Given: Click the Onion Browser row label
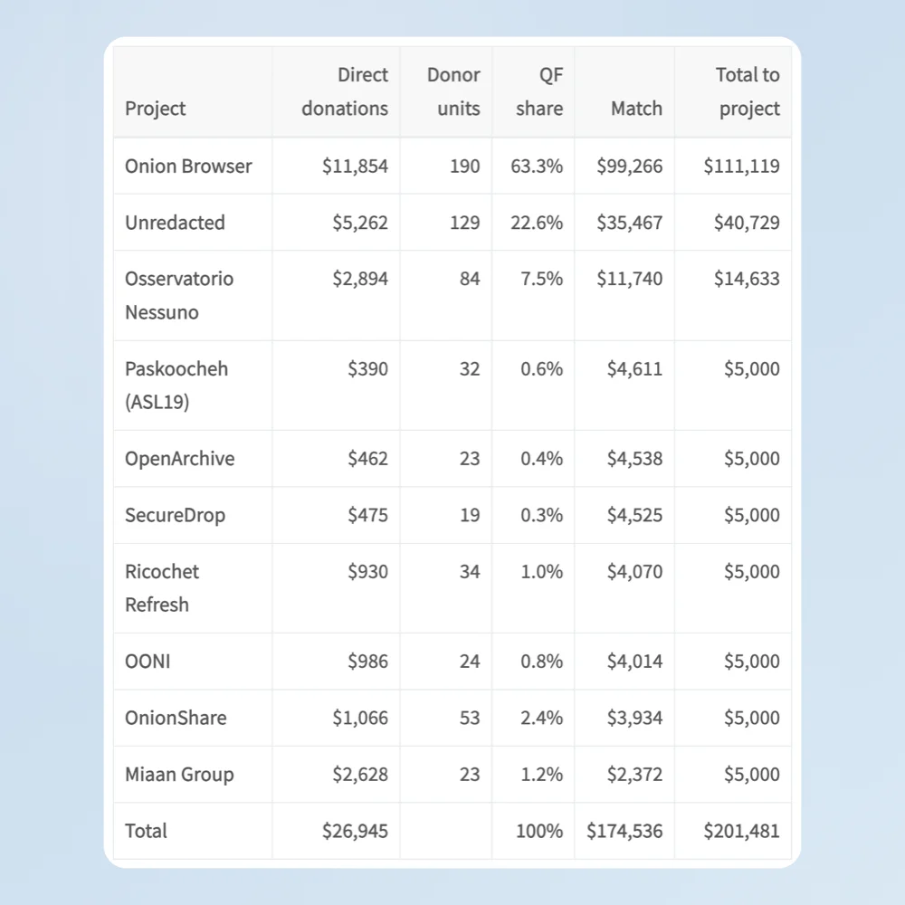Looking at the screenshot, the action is [x=188, y=167].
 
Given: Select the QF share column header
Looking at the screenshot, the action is [x=539, y=91].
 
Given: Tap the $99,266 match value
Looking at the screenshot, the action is [x=629, y=167].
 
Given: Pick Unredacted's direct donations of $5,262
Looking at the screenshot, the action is [x=359, y=223].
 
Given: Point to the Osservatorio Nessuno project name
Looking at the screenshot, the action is [x=179, y=296].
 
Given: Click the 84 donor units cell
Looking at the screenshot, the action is [x=469, y=279].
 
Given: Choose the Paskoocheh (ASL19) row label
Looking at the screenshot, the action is [x=176, y=385].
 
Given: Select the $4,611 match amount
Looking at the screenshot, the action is [x=634, y=369].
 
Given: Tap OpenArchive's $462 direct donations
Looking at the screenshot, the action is [x=367, y=459].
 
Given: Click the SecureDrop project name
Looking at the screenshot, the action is [x=175, y=515].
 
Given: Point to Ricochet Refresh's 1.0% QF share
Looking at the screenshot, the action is [x=541, y=571].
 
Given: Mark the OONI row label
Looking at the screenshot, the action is [x=148, y=662].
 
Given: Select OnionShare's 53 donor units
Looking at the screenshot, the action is [x=469, y=718].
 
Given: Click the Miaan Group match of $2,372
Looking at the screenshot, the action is [x=634, y=775].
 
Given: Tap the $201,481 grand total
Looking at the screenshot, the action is [x=741, y=831].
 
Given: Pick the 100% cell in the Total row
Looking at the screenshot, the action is [x=539, y=831].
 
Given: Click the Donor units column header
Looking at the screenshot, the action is [x=453, y=91].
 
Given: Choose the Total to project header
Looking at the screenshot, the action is [x=748, y=91].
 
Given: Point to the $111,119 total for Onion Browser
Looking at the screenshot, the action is [x=741, y=167].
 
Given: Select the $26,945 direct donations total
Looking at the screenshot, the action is [x=355, y=831].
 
